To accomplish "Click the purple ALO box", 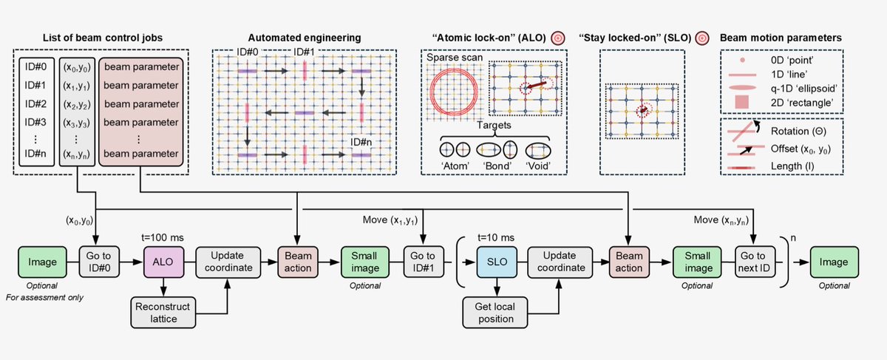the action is (163, 262).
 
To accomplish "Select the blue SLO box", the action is (497, 262).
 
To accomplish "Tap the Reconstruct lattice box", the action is (163, 313).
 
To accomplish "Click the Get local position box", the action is (495, 313).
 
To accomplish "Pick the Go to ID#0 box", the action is (99, 262).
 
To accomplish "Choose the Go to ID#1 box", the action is (424, 262).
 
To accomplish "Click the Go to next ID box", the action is (755, 262).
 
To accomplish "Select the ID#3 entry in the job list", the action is (35, 122).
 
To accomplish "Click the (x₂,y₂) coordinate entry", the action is (77, 104).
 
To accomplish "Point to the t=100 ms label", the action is (163, 237).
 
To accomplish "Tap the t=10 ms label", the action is (496, 237).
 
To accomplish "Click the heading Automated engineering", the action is (305, 38).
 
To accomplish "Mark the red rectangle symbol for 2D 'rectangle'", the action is (741, 102).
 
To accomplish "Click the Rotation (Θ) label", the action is (798, 131).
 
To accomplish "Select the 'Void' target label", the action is (538, 166).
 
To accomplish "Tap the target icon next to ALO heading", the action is (558, 38).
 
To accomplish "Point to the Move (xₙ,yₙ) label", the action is (721, 220).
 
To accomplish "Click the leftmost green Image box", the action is (42, 262).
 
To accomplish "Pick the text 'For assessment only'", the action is (44, 297).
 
